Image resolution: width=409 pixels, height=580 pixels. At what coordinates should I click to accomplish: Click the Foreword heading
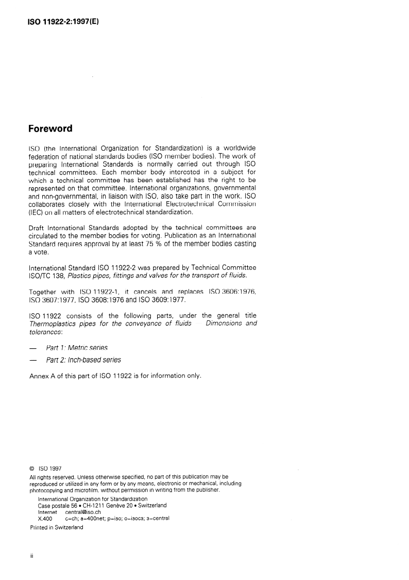pyautogui.click(x=50, y=128)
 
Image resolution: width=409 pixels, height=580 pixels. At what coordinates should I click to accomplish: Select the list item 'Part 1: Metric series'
pyautogui.click(x=76, y=348)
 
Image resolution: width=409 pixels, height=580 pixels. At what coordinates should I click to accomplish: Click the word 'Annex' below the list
pyautogui.click(x=40, y=376)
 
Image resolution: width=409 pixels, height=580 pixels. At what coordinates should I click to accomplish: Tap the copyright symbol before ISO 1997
pyautogui.click(x=33, y=469)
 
